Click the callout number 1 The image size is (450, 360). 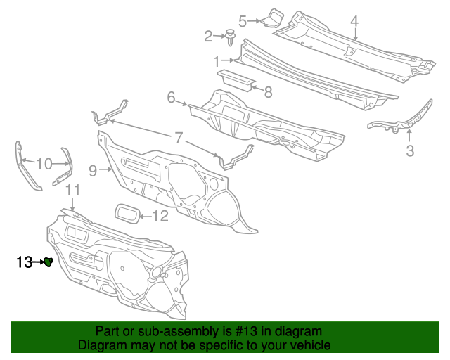pos(216,60)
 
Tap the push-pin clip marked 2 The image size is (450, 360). pos(229,35)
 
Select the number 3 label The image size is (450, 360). pos(409,150)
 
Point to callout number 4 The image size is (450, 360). pos(355,21)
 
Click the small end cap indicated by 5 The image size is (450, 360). pos(274,17)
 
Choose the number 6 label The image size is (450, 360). pos(171,98)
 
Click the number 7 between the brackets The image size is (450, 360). pos(178,136)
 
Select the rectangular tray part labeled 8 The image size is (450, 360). pos(236,79)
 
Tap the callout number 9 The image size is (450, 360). pos(93,169)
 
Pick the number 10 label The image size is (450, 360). pos(44,164)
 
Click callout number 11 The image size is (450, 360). pos(73,191)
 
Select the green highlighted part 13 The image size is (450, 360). pos(49,262)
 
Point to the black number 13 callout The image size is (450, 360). pos(25,262)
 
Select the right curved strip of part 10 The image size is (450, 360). pos(65,167)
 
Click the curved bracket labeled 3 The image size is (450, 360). pos(401,120)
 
